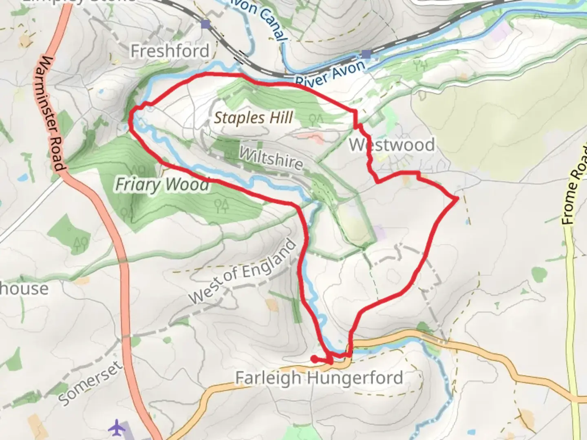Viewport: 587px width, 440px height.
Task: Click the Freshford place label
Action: click(x=170, y=51)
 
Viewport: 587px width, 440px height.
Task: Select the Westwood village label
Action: click(x=392, y=145)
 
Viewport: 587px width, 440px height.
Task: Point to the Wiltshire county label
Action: click(x=271, y=158)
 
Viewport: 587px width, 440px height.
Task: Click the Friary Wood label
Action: click(x=162, y=185)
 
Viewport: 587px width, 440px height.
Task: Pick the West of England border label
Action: click(x=242, y=272)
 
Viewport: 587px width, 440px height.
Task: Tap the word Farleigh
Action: click(x=268, y=378)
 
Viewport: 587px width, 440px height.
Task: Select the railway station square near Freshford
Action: click(x=205, y=25)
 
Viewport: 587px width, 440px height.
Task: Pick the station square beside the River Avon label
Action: click(x=366, y=54)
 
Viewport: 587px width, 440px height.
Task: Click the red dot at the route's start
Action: click(x=314, y=359)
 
